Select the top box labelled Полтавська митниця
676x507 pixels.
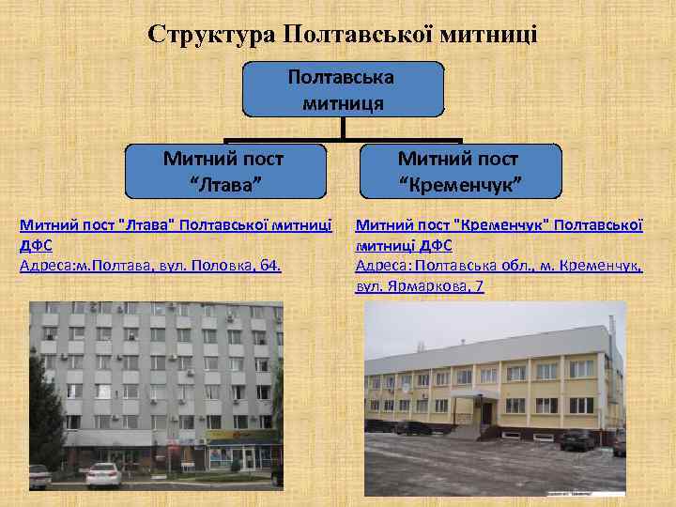click(x=343, y=89)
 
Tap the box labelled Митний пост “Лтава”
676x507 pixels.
click(x=223, y=170)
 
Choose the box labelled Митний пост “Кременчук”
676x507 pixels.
click(x=457, y=170)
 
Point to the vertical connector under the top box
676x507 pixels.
click(x=344, y=130)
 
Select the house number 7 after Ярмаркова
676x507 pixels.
click(x=479, y=285)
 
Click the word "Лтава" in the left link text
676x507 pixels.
click(x=146, y=226)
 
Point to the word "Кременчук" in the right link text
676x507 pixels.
click(x=499, y=226)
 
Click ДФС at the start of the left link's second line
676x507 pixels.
click(x=36, y=246)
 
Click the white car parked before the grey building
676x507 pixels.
click(x=103, y=475)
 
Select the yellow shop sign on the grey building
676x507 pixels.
click(x=240, y=435)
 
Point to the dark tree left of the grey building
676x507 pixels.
click(x=42, y=413)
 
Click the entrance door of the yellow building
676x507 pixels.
click(x=486, y=410)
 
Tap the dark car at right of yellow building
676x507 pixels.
click(x=576, y=438)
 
